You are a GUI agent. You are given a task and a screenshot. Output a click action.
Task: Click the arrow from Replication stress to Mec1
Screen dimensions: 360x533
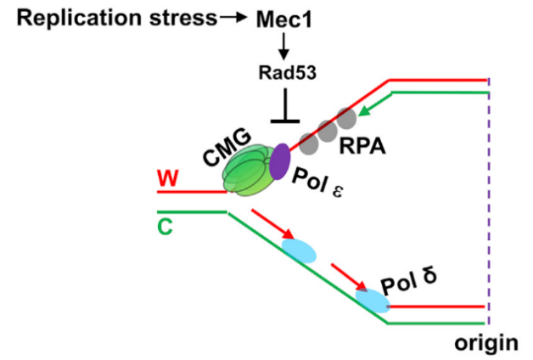click(231, 18)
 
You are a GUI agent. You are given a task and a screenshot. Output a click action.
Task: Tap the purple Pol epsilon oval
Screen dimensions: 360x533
click(280, 161)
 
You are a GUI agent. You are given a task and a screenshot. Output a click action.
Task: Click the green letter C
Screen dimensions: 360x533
click(166, 227)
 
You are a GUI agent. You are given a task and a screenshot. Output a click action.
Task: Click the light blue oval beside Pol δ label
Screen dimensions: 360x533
click(373, 300)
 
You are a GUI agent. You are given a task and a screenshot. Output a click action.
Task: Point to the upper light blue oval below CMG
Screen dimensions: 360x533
click(298, 250)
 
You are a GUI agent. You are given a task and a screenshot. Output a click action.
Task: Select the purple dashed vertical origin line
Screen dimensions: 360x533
click(489, 204)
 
